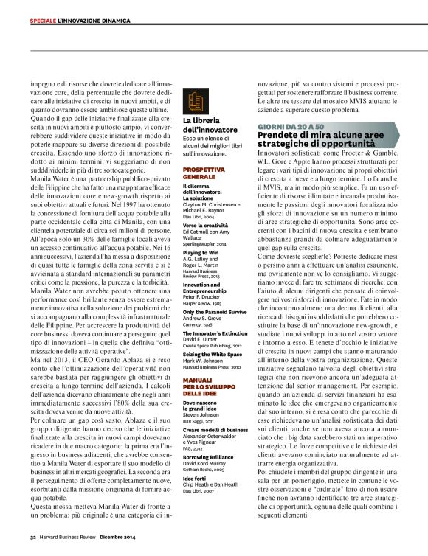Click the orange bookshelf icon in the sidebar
coord(194,103)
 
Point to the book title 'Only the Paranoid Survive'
coord(215,311)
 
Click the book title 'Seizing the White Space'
coord(213,353)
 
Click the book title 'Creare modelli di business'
coord(215,429)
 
